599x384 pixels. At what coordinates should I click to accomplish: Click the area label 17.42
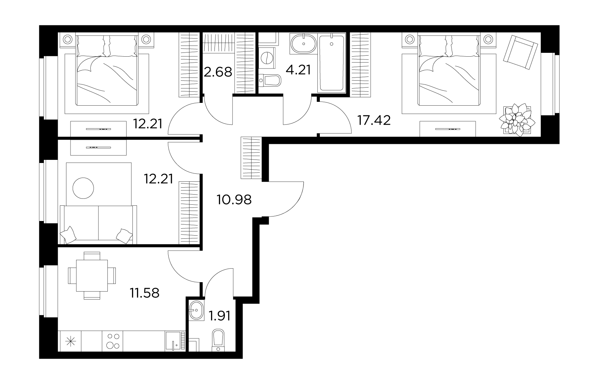pyautogui.click(x=374, y=121)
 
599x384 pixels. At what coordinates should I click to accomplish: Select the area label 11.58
pyautogui.click(x=145, y=293)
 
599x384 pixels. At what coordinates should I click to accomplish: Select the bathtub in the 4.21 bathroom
pyautogui.click(x=332, y=63)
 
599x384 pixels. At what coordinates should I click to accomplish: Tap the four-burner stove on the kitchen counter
pyautogui.click(x=113, y=341)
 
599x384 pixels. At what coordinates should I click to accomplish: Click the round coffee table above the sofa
pyautogui.click(x=83, y=188)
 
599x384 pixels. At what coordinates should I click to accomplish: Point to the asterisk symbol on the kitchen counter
pyautogui.click(x=71, y=341)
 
